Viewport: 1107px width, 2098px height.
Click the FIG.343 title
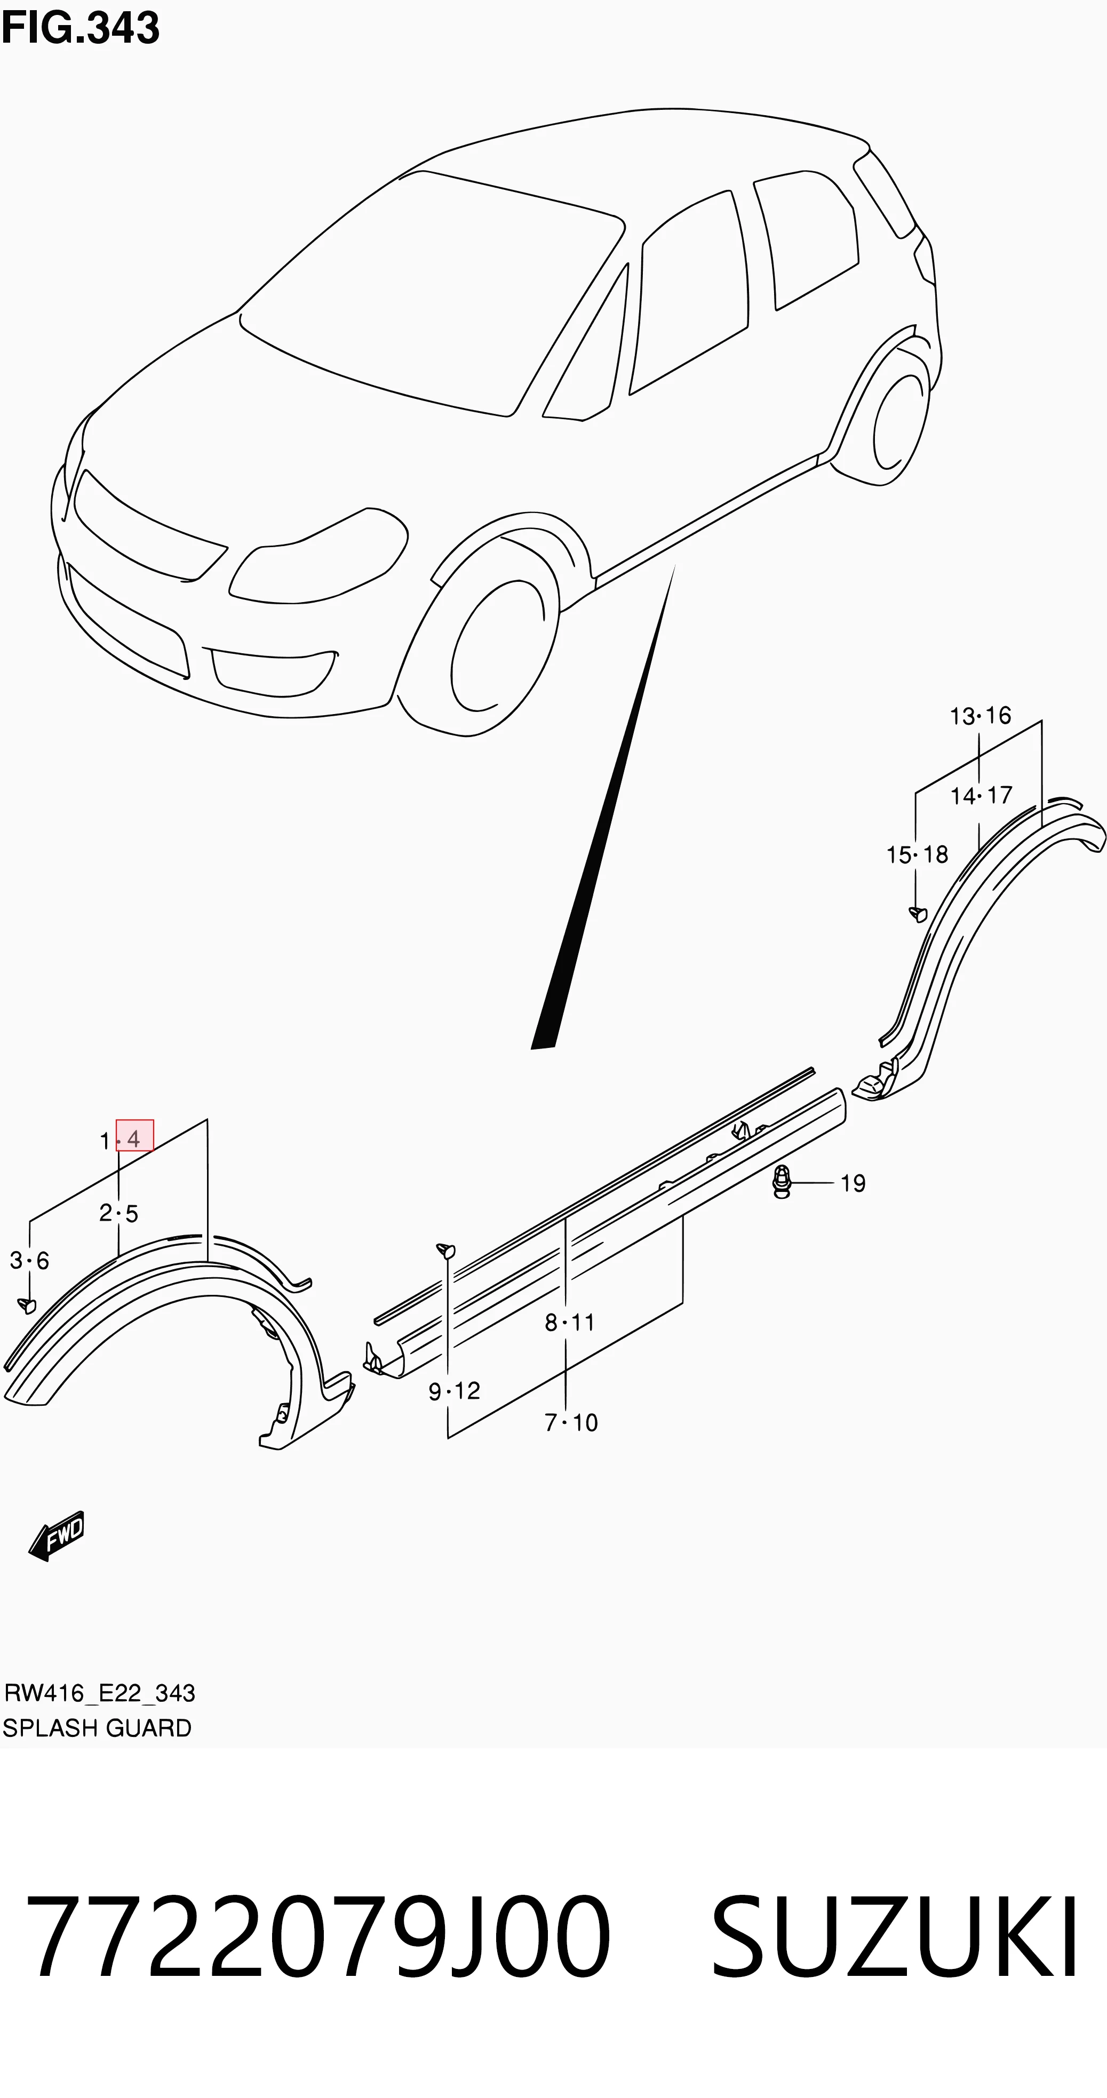(80, 28)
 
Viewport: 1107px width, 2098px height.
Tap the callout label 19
(853, 1183)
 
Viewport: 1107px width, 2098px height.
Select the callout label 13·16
(980, 716)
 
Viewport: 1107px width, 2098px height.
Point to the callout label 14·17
(981, 795)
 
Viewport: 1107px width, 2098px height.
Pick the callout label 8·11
(569, 1323)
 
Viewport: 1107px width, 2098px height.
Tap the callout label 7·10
(571, 1423)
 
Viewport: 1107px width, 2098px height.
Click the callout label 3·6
(29, 1261)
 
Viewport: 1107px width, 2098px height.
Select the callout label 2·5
(119, 1213)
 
